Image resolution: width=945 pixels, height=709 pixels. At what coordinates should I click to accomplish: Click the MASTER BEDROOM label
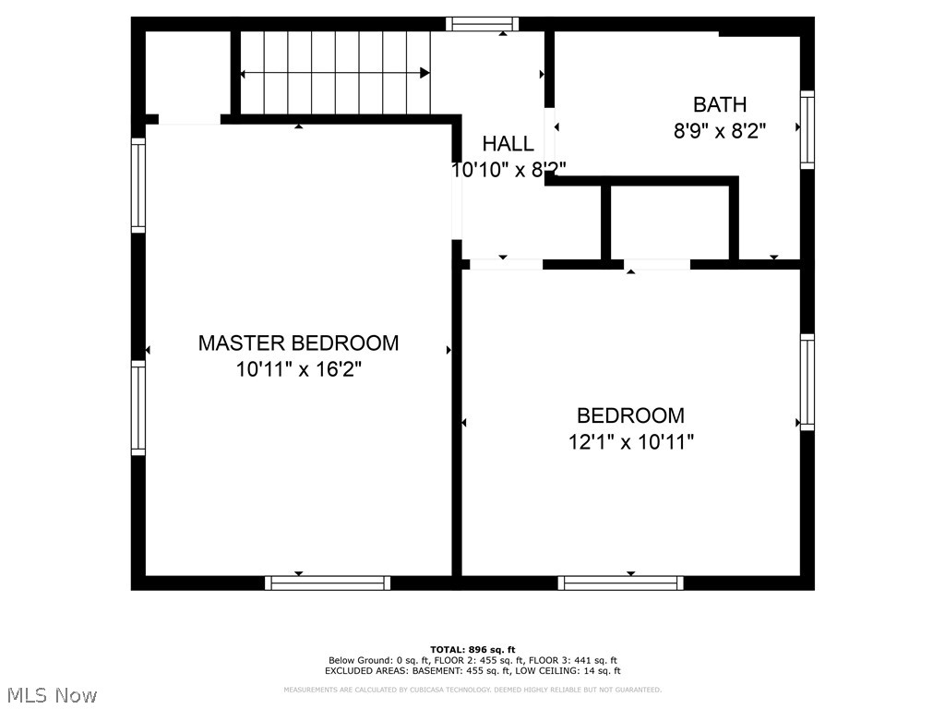click(x=298, y=343)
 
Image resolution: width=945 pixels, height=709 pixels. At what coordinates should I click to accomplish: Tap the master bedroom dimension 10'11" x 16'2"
click(x=298, y=370)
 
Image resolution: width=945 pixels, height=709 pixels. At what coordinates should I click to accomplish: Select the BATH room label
click(x=720, y=104)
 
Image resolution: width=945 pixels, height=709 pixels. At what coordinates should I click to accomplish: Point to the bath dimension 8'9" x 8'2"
click(x=720, y=131)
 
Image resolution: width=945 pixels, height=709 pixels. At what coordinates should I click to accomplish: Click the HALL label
click(x=508, y=144)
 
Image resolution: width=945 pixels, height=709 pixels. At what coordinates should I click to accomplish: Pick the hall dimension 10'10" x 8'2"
click(x=508, y=170)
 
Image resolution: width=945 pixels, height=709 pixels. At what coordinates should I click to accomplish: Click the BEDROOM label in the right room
click(x=630, y=415)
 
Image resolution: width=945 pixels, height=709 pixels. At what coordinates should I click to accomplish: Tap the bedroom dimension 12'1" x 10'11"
click(x=630, y=442)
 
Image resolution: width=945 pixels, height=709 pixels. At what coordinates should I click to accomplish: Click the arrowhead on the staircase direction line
click(x=425, y=73)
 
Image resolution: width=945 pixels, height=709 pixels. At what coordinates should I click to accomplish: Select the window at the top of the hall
click(x=482, y=24)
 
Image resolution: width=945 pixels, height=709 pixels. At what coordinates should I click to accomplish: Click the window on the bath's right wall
click(x=807, y=129)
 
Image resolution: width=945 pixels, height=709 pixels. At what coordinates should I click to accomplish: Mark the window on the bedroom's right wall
click(x=807, y=382)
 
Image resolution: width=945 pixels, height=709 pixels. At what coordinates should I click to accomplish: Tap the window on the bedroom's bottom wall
click(x=620, y=583)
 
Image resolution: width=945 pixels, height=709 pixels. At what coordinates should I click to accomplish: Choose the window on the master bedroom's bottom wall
click(x=328, y=583)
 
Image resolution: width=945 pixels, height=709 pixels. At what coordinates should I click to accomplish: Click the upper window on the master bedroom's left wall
click(x=138, y=184)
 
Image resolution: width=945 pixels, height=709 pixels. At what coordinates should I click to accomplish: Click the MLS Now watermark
click(x=52, y=694)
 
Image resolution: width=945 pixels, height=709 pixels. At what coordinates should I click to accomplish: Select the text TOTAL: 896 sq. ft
click(x=472, y=650)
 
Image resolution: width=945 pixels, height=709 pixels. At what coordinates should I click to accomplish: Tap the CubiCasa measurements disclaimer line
click(x=472, y=690)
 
